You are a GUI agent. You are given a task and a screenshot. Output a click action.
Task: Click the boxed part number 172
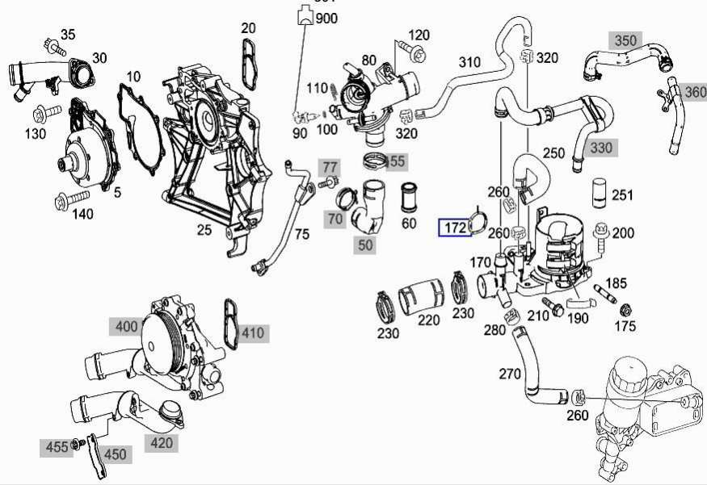click(455, 228)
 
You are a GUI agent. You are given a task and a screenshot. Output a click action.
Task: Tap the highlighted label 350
click(625, 40)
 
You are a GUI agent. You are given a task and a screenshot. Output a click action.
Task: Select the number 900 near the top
click(326, 19)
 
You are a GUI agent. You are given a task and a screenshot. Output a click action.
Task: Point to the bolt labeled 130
click(47, 113)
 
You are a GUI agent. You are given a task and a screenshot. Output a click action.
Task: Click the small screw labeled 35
click(55, 47)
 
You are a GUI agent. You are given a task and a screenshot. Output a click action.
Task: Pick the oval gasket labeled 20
click(250, 64)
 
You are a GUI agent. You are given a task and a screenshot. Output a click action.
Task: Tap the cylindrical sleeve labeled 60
click(409, 197)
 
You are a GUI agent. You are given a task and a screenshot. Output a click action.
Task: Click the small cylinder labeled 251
click(600, 194)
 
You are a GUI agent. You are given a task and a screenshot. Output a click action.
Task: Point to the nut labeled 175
click(625, 310)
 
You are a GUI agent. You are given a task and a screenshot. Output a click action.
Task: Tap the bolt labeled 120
click(413, 52)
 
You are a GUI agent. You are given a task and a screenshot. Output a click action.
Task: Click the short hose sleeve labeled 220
click(422, 296)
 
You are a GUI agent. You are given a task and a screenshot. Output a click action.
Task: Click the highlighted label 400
click(126, 327)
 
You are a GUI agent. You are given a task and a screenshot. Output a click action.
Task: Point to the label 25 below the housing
click(204, 230)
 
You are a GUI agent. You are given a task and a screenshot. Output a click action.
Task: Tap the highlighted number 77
click(330, 168)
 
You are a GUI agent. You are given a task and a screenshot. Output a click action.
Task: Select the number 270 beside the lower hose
click(510, 374)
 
